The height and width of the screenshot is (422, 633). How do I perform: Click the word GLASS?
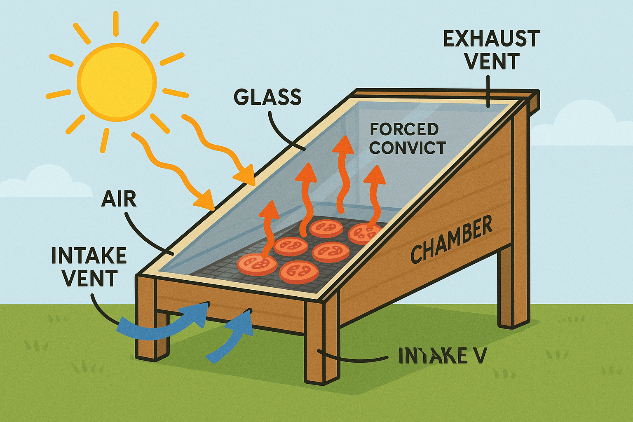click(267, 97)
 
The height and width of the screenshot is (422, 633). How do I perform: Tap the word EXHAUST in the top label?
click(491, 39)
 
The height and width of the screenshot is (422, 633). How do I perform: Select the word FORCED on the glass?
click(404, 129)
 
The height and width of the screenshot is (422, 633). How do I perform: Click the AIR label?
click(119, 199)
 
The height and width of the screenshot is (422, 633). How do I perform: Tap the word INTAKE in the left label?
click(89, 256)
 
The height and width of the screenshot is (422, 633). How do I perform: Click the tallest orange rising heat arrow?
click(342, 169)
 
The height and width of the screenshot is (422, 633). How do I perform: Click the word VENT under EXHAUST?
click(492, 62)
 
